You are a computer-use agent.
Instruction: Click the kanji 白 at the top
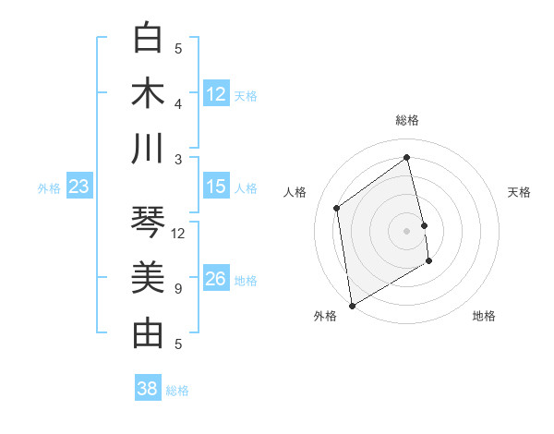(x=148, y=39)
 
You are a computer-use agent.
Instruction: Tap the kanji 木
(x=148, y=93)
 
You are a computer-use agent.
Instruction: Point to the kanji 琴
(x=148, y=223)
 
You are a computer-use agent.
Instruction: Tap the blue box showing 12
(x=216, y=94)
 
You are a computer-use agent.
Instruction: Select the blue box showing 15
(x=216, y=187)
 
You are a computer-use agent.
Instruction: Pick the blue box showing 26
(x=216, y=280)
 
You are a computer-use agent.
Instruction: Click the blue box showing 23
(x=79, y=187)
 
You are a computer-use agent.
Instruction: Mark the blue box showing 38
(x=148, y=390)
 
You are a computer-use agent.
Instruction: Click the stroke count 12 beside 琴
(x=179, y=234)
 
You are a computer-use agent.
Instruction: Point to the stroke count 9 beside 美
(x=178, y=289)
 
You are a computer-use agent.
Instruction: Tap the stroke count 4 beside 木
(x=178, y=103)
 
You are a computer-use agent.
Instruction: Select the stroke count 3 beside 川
(x=178, y=159)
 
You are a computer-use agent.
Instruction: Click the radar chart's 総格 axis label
(x=407, y=121)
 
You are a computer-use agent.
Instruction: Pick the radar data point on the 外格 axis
(x=352, y=305)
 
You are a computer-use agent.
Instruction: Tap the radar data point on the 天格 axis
(x=424, y=225)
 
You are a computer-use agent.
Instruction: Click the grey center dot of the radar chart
(x=407, y=231)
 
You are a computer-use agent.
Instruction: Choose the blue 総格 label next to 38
(x=177, y=391)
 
